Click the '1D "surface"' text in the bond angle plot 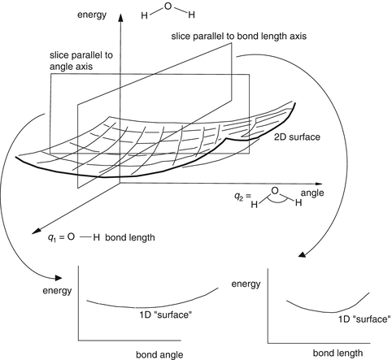(x=164, y=314)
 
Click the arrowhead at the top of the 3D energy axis (x=121, y=15)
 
